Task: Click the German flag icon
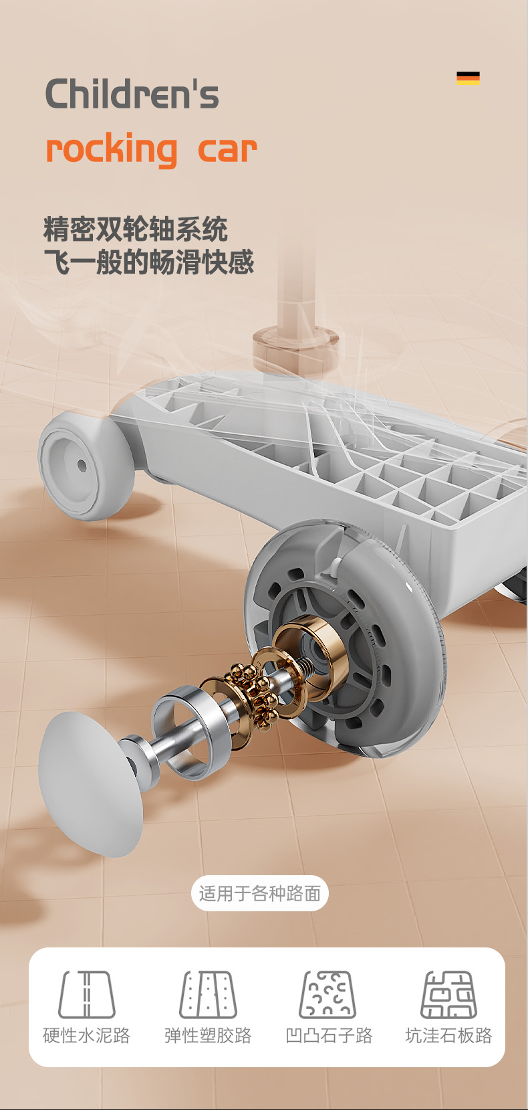[x=468, y=78]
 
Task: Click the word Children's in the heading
[x=132, y=94]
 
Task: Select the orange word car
[x=227, y=150]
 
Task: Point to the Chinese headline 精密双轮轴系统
[x=136, y=229]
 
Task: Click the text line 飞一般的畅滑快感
[x=149, y=262]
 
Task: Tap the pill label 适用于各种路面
[x=260, y=893]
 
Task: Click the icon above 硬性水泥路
[x=87, y=994]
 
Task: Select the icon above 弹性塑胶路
[x=208, y=994]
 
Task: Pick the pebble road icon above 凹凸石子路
[x=327, y=994]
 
